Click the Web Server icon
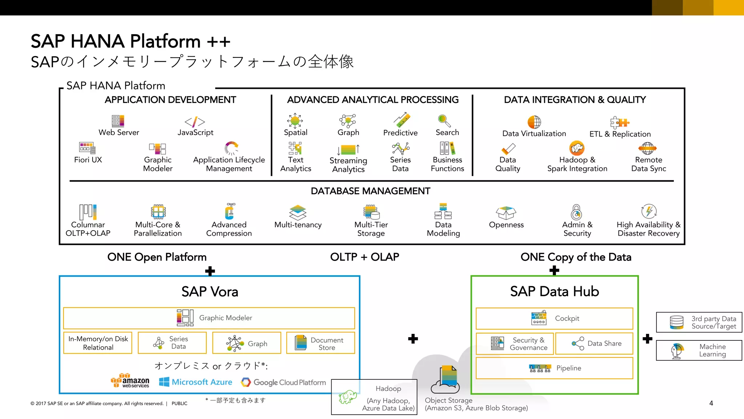pos(118,121)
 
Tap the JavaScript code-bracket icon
pos(195,122)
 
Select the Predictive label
pos(400,133)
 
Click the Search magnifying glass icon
pos(444,120)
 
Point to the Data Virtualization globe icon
pos(534,122)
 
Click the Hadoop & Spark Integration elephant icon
pos(577,148)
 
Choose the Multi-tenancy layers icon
pos(298,212)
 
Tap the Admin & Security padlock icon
pos(577,212)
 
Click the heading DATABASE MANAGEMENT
pos(370,191)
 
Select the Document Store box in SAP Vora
pos(320,343)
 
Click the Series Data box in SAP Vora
pos(172,343)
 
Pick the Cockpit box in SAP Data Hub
pos(554,318)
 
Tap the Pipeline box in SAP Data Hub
pos(554,368)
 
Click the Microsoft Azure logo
pos(195,382)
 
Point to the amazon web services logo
pos(130,381)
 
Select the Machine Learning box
pos(699,350)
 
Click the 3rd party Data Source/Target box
pos(699,322)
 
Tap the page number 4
pos(711,403)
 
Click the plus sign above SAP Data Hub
pos(554,271)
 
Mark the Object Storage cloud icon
pos(445,380)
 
